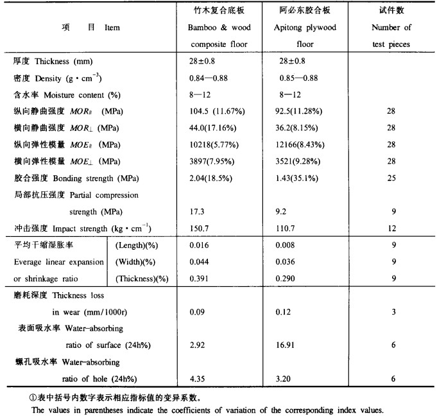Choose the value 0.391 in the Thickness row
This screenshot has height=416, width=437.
point(193,279)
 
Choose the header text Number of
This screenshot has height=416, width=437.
point(391,28)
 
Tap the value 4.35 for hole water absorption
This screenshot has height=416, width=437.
point(192,378)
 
